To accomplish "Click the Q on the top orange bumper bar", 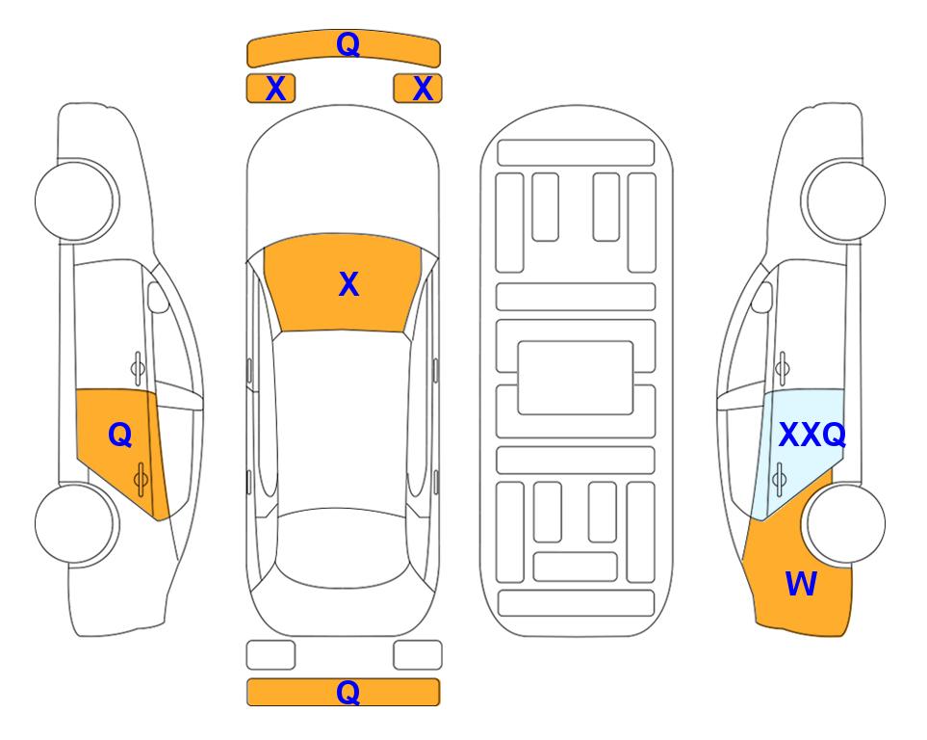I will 348,44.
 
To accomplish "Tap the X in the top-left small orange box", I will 275,89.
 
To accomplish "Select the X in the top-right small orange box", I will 423,89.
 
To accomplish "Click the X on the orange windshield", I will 348,284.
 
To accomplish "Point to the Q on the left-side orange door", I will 119,436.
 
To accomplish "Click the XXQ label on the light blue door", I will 811,436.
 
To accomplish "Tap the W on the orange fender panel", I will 801,584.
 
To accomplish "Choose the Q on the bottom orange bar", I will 348,692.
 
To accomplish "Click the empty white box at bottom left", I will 270,655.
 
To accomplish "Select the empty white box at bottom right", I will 418,655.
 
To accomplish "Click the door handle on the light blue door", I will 780,477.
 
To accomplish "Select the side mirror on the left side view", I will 158,298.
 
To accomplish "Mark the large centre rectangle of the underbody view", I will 576,377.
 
